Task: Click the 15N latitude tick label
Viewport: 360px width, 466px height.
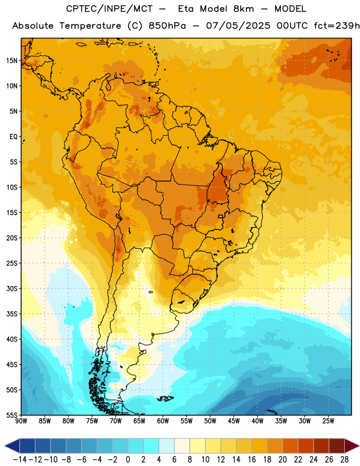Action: point(12,61)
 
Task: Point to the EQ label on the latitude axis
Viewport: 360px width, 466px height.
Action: point(13,137)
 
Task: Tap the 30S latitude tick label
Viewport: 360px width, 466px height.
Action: point(12,288)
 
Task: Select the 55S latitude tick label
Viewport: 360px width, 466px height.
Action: point(12,415)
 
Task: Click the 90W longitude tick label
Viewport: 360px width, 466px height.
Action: point(21,421)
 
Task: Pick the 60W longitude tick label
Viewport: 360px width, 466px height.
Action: point(163,421)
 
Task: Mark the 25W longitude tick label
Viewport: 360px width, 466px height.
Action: point(328,421)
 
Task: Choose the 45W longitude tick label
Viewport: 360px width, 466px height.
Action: point(234,421)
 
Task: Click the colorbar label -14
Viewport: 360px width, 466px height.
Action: point(20,460)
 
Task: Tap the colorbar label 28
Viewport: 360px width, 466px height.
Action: point(344,460)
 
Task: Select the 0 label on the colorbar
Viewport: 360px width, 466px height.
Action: point(128,460)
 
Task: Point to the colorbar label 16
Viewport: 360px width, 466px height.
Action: point(252,460)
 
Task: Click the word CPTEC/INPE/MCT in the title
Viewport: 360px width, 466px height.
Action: point(110,9)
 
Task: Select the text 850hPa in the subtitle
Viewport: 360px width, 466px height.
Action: point(167,26)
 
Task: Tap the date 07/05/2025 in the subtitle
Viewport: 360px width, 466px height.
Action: point(238,26)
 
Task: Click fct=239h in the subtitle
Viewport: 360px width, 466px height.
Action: point(337,26)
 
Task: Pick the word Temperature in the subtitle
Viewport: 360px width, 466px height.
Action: point(90,26)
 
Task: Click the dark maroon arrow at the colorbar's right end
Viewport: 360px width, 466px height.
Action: point(352,446)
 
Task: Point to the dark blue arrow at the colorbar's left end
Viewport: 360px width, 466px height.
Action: point(12,446)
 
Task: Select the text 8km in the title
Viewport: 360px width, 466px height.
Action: point(243,9)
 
